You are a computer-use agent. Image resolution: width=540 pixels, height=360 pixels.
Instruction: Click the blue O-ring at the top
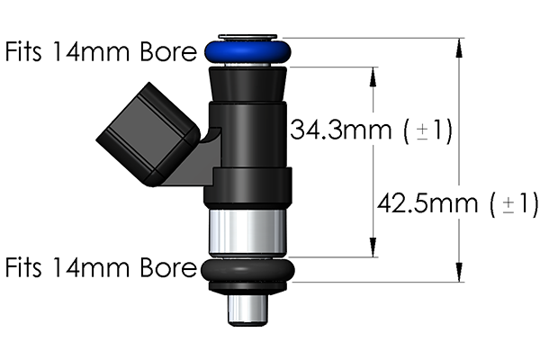click(247, 50)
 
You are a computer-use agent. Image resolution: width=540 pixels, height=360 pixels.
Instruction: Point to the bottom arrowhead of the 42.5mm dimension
click(460, 275)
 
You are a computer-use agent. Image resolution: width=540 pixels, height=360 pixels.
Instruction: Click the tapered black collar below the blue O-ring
click(247, 85)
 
